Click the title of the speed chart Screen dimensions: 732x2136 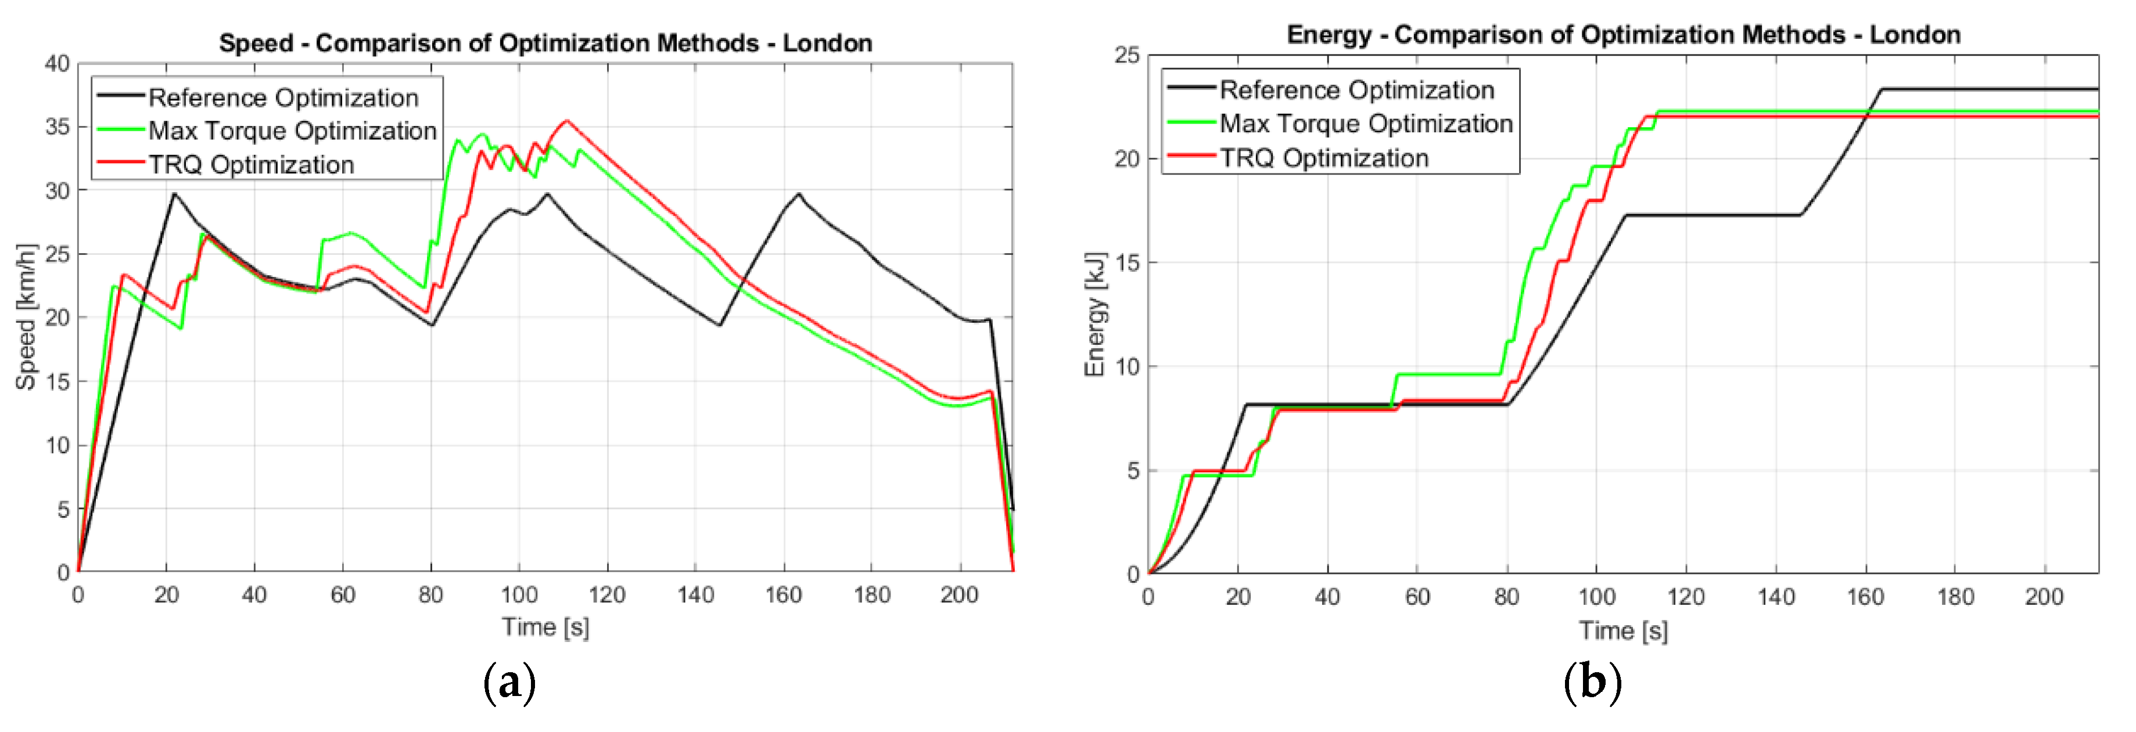coord(545,43)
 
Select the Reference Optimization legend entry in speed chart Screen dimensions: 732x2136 coord(283,98)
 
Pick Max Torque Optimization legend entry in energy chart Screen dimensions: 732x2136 coord(1365,124)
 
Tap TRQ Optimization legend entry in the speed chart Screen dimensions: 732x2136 coord(252,165)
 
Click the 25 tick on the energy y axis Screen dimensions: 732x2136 coord(1127,56)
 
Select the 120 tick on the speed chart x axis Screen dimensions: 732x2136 coord(607,594)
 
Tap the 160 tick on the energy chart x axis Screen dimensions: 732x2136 coord(1865,597)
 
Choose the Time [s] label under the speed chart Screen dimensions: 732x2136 coord(545,627)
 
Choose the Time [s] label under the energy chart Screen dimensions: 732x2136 coord(1622,631)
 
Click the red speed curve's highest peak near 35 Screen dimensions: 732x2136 coord(567,121)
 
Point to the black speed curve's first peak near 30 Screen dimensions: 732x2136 coord(174,194)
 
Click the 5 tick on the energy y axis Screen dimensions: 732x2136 coord(1133,471)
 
